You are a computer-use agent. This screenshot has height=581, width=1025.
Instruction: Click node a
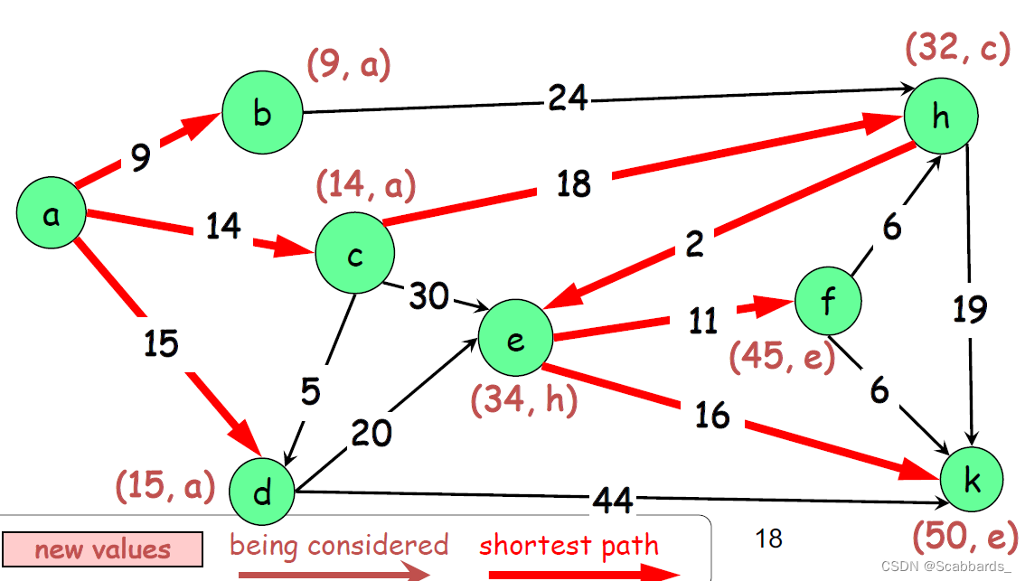pyautogui.click(x=51, y=215)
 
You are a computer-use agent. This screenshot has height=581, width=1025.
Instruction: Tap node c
pyautogui.click(x=354, y=255)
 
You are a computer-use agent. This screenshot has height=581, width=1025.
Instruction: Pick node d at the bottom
pyautogui.click(x=263, y=493)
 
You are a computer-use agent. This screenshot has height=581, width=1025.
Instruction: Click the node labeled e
pyautogui.click(x=516, y=340)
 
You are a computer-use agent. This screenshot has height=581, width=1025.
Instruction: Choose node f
pyautogui.click(x=828, y=302)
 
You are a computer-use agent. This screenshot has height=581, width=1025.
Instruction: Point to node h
pyautogui.click(x=940, y=118)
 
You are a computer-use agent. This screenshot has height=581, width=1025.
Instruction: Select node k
pyautogui.click(x=973, y=481)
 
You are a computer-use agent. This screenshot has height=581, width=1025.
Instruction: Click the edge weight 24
pyautogui.click(x=567, y=97)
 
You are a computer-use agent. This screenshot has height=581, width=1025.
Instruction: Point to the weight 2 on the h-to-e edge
pyautogui.click(x=694, y=245)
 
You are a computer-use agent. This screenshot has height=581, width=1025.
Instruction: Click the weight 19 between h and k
pyautogui.click(x=970, y=310)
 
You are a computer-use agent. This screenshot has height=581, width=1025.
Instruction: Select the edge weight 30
pyautogui.click(x=428, y=295)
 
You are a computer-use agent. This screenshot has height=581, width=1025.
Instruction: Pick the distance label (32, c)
pyautogui.click(x=956, y=49)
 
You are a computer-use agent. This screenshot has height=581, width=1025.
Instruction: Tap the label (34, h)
pyautogui.click(x=523, y=399)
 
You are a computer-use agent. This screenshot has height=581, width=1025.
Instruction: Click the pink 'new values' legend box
pyautogui.click(x=102, y=548)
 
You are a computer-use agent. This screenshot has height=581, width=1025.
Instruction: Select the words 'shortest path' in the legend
pyautogui.click(x=569, y=546)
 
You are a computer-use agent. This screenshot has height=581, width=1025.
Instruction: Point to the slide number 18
pyautogui.click(x=768, y=539)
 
